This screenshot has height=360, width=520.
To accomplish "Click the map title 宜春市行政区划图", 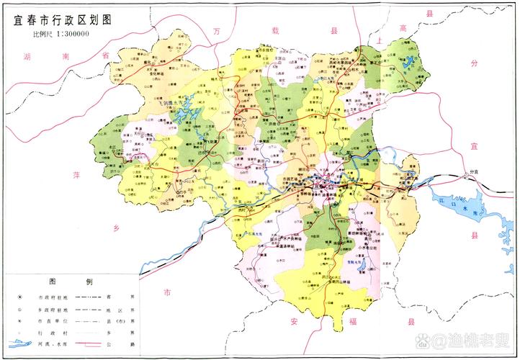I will point(64,21).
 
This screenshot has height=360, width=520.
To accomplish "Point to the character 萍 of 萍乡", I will point(79,175).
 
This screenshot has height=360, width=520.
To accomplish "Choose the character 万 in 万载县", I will point(217,32).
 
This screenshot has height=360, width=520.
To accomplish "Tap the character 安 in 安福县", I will point(294,320).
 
